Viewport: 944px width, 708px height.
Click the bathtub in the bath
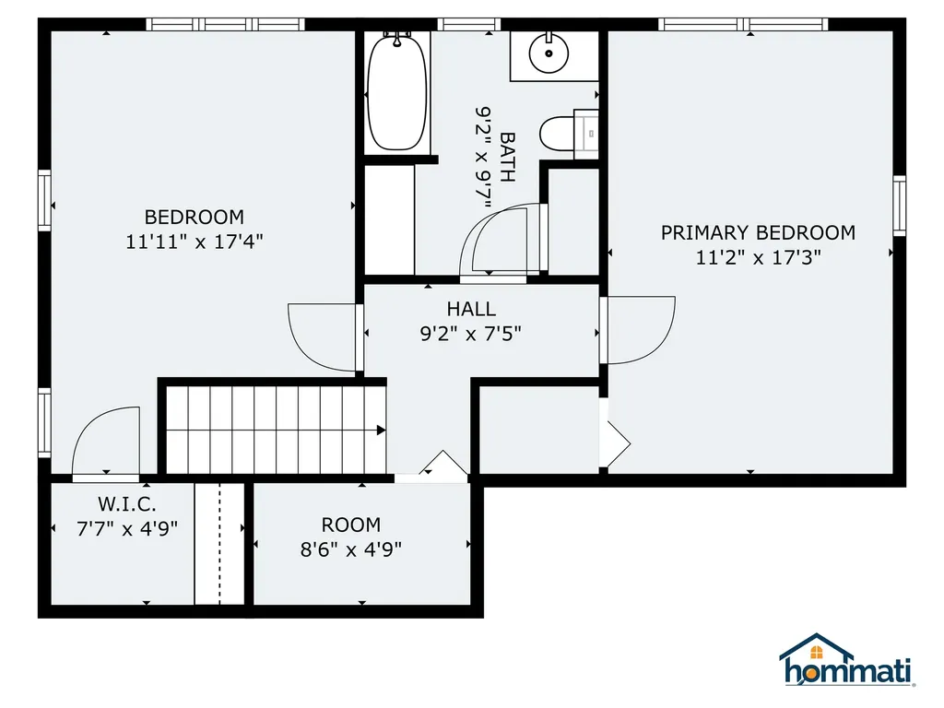397,92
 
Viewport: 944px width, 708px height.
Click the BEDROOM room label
195,218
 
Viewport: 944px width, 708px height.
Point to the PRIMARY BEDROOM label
758,233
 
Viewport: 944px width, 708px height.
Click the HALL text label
471,310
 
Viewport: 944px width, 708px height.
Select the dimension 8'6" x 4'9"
350,549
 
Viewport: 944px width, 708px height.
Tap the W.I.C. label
127,504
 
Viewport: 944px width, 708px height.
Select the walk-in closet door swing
105,442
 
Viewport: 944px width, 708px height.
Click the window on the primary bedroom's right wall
899,206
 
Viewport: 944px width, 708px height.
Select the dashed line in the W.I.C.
219,543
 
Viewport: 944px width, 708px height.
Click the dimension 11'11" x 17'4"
195,242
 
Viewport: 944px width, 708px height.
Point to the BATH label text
507,157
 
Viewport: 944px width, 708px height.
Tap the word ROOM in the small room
350,525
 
